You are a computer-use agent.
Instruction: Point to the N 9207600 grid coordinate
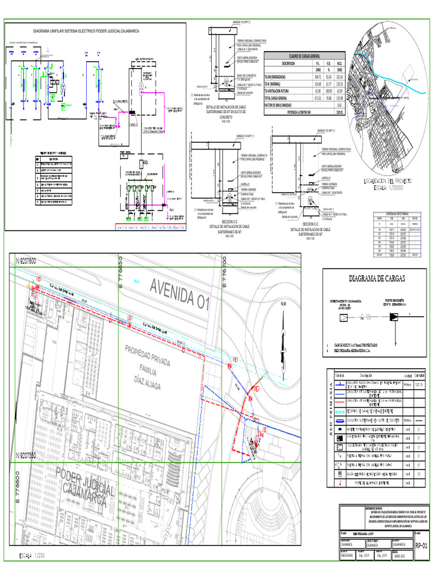pos(26,261)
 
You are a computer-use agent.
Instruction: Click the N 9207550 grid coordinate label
pos(26,455)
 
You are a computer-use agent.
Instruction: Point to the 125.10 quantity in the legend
pos(419,385)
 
